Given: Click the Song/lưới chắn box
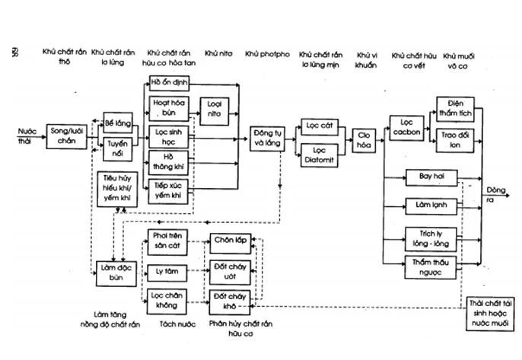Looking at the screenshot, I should click(66, 135).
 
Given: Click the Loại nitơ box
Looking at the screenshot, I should click(215, 110).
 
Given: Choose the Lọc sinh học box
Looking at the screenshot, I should click(167, 135).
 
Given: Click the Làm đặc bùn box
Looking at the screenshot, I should click(115, 271).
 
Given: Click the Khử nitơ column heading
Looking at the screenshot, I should click(220, 55).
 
